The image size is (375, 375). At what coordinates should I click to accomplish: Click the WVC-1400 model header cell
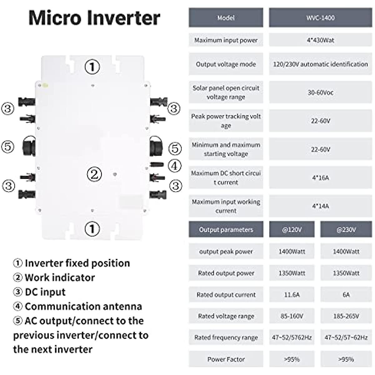320,18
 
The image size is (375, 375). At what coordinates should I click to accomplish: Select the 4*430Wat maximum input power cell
320,40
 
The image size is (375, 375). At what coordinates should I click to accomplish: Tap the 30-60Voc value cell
320,92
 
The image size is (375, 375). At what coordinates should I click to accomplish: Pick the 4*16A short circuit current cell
320,177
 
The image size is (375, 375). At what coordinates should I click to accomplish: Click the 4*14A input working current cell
320,206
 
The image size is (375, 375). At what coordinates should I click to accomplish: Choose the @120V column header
292,230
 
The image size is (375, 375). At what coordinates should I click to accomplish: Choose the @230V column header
346,230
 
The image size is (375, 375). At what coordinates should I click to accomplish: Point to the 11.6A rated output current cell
292,295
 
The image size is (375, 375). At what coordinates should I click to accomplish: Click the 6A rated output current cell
346,295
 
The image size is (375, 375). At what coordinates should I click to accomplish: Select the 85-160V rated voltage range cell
292,316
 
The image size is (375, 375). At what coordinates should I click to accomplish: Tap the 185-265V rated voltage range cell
346,316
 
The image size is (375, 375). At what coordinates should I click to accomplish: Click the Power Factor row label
226,359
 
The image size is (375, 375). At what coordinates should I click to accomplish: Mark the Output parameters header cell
226,230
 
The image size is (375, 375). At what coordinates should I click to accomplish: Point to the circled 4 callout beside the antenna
175,165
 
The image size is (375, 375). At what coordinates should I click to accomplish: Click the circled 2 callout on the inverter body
94,174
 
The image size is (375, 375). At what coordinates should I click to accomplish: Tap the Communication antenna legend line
77,307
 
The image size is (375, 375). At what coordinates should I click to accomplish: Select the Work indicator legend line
54,277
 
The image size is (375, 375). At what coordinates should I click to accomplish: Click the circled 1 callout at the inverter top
92,67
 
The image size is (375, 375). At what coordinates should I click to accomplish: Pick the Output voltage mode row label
226,64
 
